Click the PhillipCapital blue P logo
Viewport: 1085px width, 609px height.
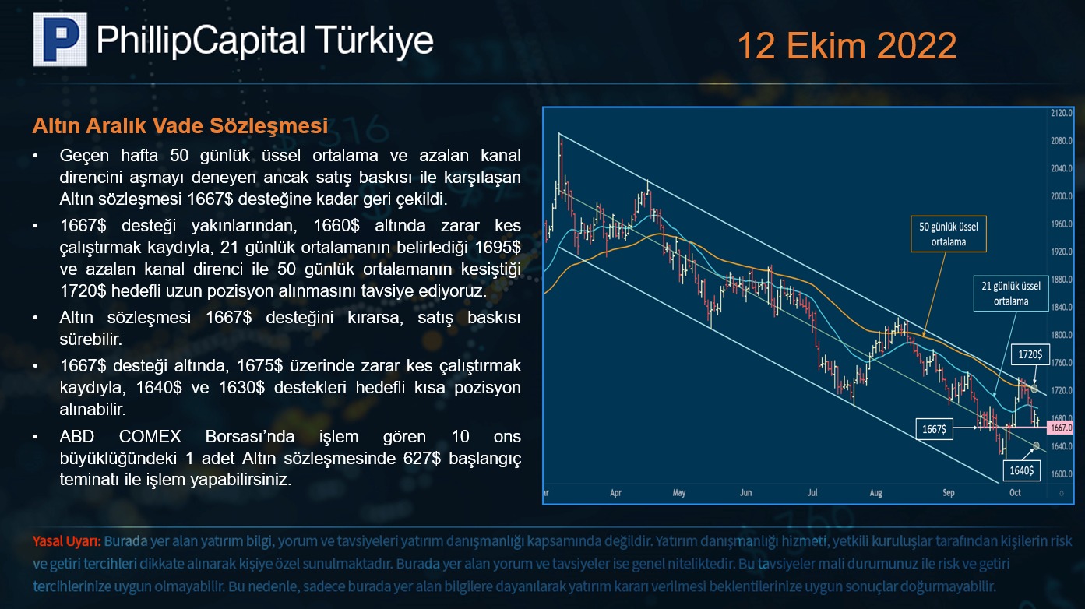coord(60,39)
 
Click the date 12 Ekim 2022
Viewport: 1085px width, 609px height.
coord(847,45)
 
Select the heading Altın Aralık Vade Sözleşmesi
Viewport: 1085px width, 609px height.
coord(180,125)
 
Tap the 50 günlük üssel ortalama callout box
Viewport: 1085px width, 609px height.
coord(949,234)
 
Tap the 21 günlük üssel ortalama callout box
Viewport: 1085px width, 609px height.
coord(1011,294)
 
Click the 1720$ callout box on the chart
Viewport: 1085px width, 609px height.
coord(1030,354)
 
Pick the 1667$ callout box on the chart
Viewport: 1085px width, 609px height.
coord(935,429)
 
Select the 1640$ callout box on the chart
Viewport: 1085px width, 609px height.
coord(1022,470)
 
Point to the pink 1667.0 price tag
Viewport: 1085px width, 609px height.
coord(1061,428)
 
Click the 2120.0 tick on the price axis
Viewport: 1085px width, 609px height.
coord(1062,113)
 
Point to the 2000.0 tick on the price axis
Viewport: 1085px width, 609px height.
coord(1062,196)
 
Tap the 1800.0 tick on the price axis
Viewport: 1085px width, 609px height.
coord(1062,335)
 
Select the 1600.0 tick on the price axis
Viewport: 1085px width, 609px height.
coord(1062,473)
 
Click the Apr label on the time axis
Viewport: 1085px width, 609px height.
coord(615,493)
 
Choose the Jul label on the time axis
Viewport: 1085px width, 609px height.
coord(812,492)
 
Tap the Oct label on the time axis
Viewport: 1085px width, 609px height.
coord(1015,492)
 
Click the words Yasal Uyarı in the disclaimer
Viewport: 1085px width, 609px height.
coord(67,541)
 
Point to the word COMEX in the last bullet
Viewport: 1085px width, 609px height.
coord(150,437)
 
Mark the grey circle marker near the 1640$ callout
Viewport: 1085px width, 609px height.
coord(1036,445)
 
